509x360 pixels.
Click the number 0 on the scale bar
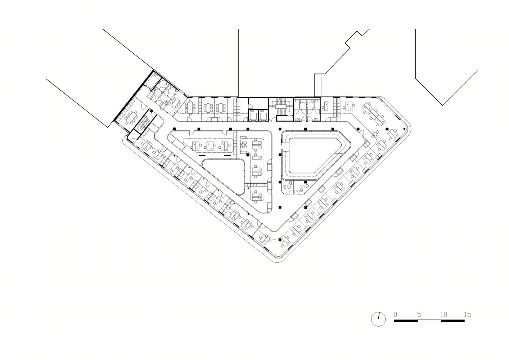tap(395, 314)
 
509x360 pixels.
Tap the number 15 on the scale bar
tap(467, 314)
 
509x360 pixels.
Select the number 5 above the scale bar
tap(419, 314)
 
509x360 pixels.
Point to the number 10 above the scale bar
tap(444, 314)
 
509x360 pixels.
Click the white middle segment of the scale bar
tap(429, 321)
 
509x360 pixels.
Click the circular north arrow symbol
tap(378, 319)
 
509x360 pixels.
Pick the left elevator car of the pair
tap(253, 116)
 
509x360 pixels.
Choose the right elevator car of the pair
tap(263, 116)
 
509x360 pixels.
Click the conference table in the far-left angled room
tap(131, 118)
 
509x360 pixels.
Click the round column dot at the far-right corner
tap(404, 129)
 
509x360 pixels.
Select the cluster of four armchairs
tap(243, 145)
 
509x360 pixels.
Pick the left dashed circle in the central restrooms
tap(303, 105)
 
